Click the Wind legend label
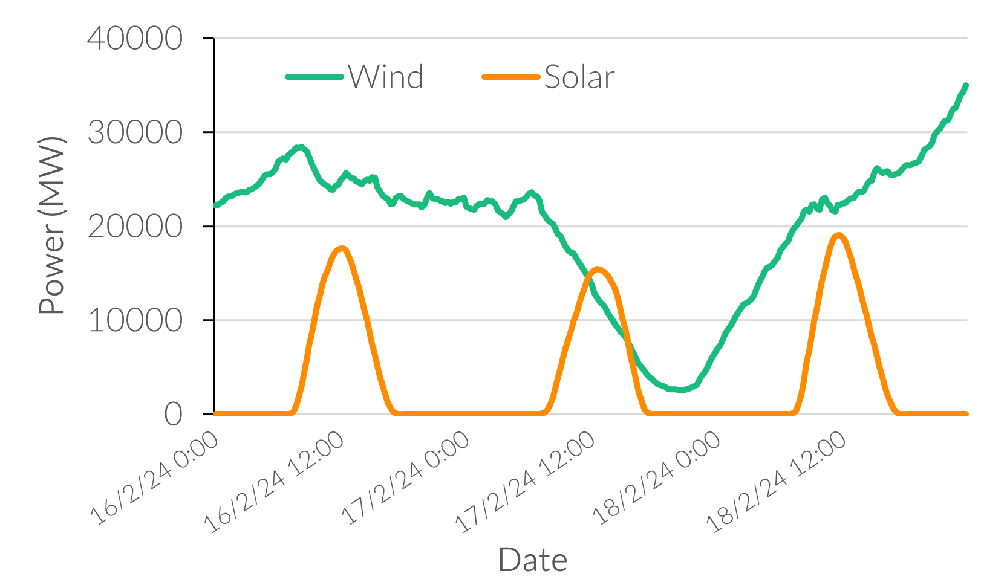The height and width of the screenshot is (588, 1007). tap(386, 77)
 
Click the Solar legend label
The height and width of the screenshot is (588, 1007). tap(579, 77)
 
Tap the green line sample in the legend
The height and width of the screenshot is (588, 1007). tap(314, 77)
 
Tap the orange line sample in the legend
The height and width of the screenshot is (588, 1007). tap(510, 77)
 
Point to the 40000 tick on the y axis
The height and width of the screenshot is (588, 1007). tap(135, 39)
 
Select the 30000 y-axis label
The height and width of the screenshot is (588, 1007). tap(135, 132)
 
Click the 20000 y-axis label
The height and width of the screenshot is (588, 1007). tap(135, 227)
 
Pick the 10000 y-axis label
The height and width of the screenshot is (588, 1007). tap(135, 320)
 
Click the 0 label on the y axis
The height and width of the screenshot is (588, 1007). tap(173, 415)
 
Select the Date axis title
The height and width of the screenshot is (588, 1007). tap(533, 560)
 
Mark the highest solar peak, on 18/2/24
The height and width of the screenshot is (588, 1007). tap(838, 235)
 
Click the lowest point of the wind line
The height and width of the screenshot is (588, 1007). tap(681, 390)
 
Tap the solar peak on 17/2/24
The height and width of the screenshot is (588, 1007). tap(598, 268)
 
